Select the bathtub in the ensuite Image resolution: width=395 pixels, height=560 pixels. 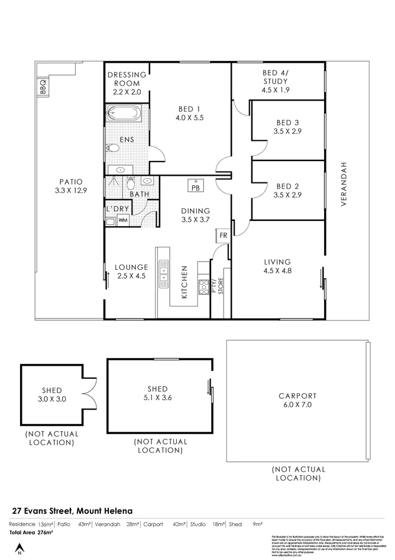coord(124,112)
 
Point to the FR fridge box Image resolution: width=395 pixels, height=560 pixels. coord(223,235)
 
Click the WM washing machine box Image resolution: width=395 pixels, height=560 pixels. coord(124,220)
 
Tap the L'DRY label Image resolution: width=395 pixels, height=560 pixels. coord(116,208)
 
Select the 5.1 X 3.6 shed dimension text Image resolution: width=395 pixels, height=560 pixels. coord(158,399)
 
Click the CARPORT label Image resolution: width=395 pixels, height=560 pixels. coord(297,396)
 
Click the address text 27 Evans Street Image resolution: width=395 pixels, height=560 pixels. coord(73,510)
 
